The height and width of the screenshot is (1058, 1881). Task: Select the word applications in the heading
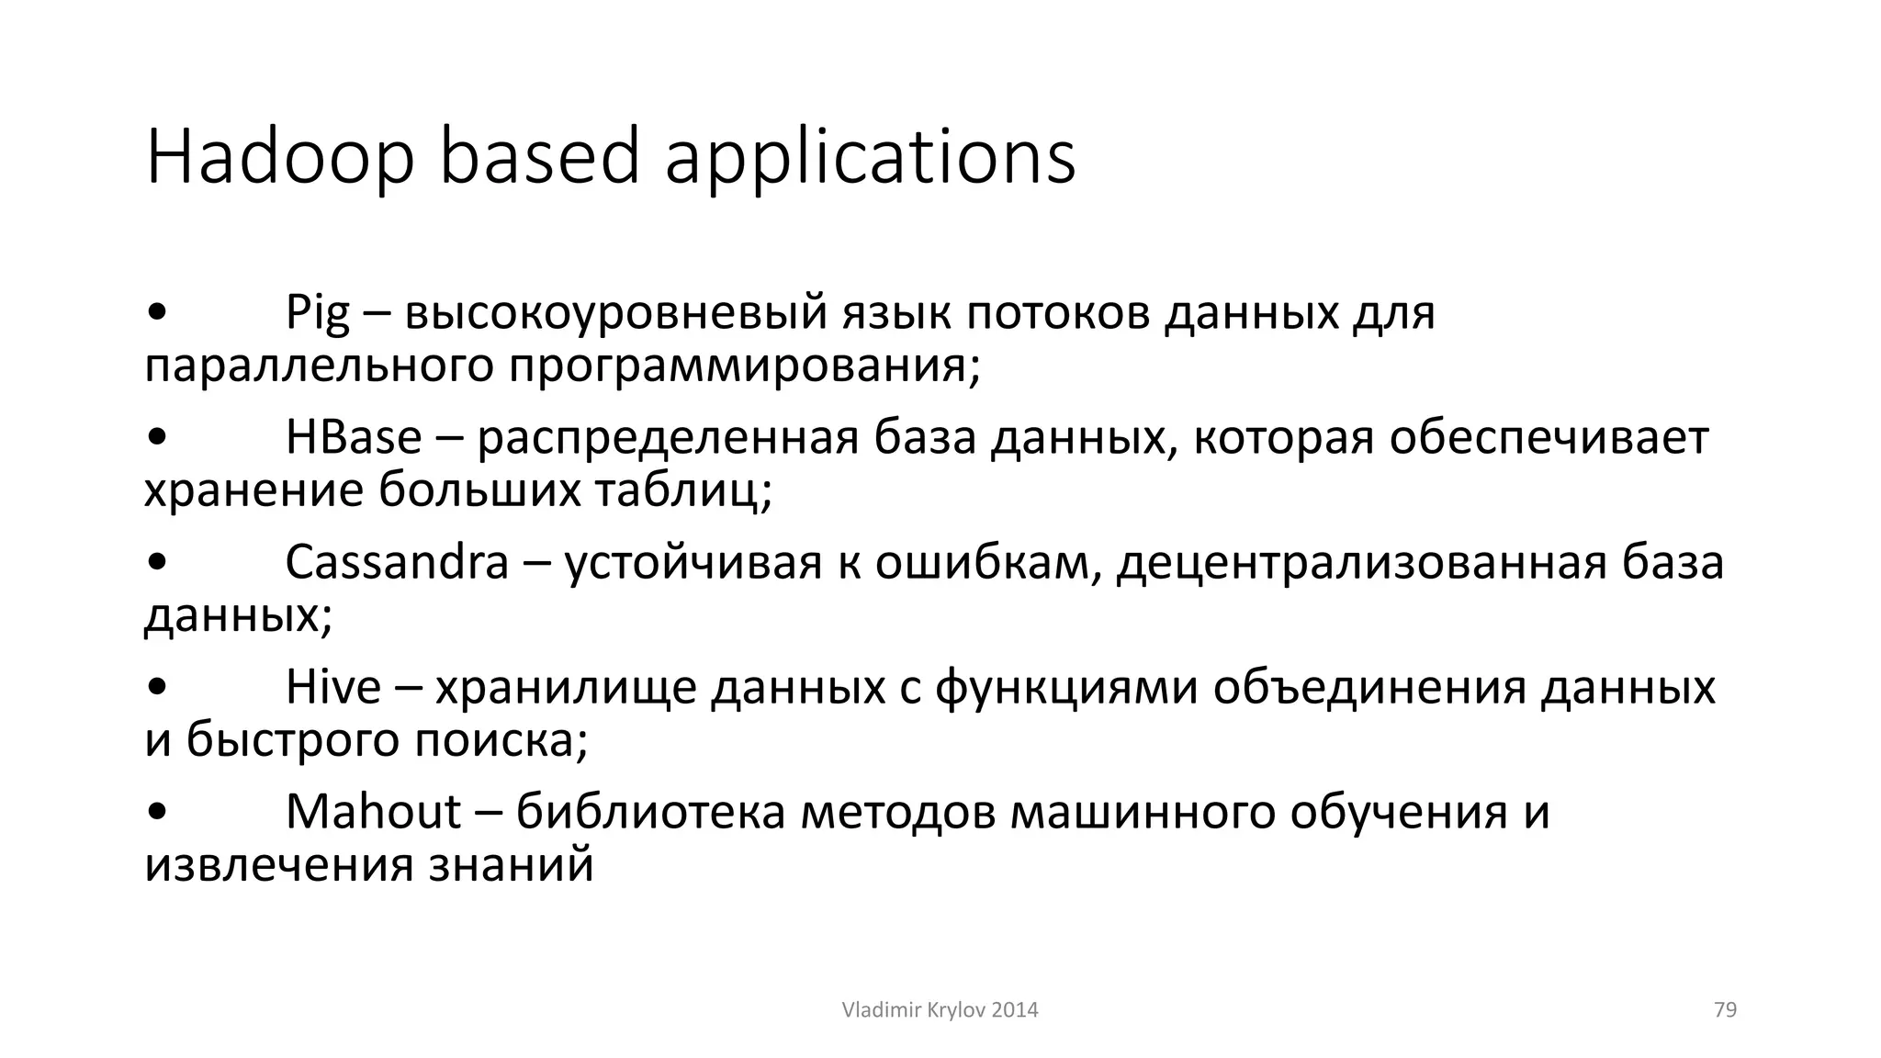870,158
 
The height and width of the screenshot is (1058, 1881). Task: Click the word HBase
354,437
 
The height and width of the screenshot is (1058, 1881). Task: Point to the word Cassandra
397,562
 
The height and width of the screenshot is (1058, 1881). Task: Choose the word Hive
332,687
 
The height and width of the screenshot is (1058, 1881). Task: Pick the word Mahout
373,812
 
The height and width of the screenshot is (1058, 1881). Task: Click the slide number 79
1725,1010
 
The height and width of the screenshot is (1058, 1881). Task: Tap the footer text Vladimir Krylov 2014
940,1010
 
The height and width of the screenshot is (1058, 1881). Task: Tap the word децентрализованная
1361,562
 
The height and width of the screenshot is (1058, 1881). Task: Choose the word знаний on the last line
511,865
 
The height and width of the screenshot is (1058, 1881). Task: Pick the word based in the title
539,158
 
